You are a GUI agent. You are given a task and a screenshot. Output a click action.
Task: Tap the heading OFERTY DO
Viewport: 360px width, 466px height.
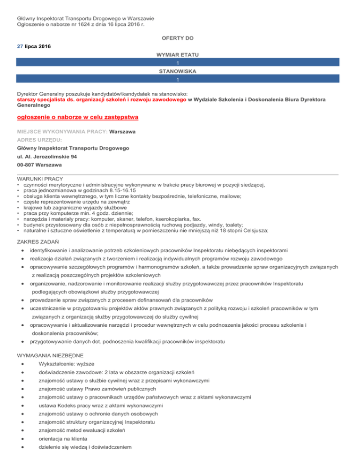(x=180, y=38)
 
